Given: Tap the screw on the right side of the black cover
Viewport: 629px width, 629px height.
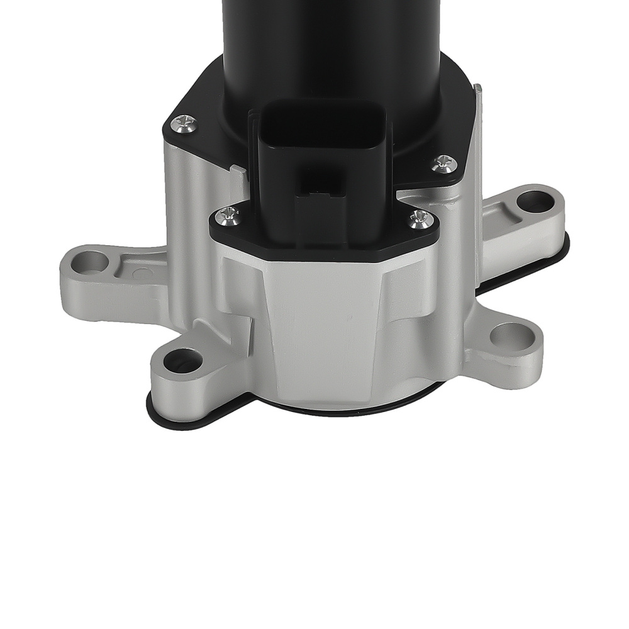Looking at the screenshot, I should point(445,164).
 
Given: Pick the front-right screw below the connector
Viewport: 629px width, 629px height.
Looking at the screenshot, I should point(420,220).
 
